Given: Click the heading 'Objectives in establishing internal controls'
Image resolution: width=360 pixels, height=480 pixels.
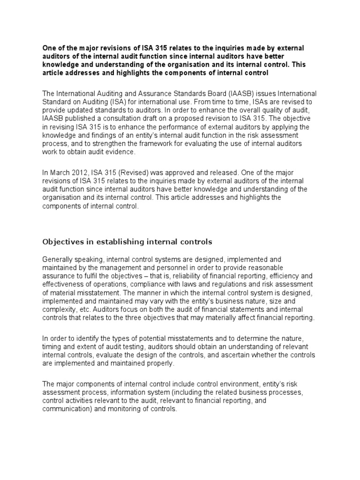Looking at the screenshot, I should pos(127,242).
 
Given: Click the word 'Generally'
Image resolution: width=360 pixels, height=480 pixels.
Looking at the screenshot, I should pos(59,259).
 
